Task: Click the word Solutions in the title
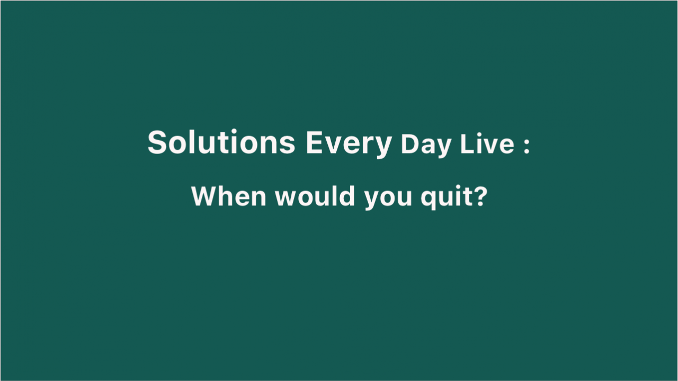221,142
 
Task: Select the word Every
349,144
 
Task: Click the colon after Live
527,146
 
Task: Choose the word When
229,196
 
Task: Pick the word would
315,196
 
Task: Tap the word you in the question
388,199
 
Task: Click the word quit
446,198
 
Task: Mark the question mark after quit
480,196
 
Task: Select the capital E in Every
316,142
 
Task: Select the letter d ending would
347,196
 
